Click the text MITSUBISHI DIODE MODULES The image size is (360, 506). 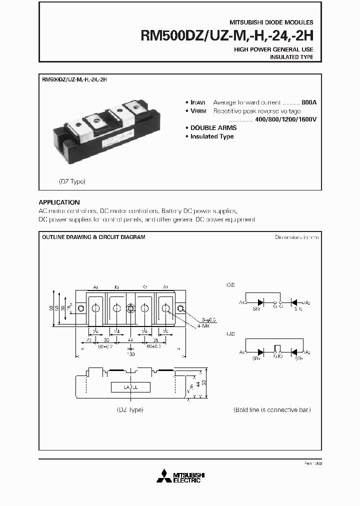271,22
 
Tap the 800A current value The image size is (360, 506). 309,102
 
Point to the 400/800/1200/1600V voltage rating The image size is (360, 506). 286,119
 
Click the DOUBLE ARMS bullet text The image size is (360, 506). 213,128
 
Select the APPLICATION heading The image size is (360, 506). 59,202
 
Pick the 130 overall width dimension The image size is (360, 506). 130,354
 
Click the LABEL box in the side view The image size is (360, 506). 131,387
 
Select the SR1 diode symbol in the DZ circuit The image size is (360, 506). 260,302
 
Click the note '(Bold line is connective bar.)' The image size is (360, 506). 272,409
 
